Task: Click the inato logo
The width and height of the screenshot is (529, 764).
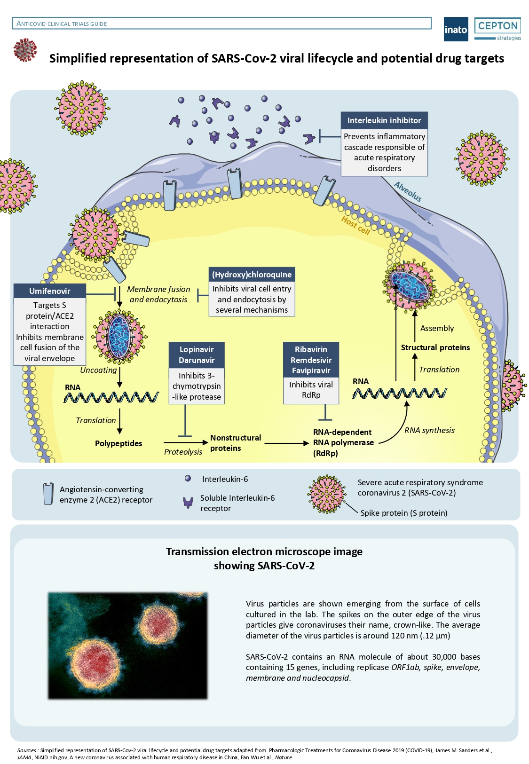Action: click(456, 29)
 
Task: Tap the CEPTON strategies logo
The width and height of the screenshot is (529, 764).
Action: click(497, 29)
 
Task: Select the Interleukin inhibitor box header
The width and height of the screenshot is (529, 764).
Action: click(384, 120)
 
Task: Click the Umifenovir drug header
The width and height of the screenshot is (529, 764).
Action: click(50, 291)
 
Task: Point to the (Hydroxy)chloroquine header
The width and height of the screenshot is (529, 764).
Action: click(252, 275)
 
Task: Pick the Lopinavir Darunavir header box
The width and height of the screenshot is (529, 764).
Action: click(197, 355)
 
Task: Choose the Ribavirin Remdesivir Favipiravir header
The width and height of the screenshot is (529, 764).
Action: click(311, 360)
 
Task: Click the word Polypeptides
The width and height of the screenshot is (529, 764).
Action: click(118, 443)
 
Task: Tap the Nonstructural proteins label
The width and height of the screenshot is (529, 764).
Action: click(235, 443)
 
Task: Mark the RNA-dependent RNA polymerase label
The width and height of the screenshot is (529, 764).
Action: click(343, 442)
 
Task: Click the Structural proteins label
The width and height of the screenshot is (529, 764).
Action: click(435, 347)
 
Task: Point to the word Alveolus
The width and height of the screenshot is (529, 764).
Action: click(408, 192)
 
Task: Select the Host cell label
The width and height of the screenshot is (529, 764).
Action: click(355, 225)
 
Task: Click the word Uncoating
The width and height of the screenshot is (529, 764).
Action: click(98, 370)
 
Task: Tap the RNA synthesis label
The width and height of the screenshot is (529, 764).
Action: click(429, 430)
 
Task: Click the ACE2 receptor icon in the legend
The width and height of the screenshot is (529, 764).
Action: click(48, 494)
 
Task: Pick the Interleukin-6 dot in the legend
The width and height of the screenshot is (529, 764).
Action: click(188, 479)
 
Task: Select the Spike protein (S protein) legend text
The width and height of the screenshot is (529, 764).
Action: click(403, 513)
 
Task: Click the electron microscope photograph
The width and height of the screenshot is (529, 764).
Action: click(127, 645)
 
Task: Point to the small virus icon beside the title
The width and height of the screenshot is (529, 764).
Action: click(25, 50)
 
